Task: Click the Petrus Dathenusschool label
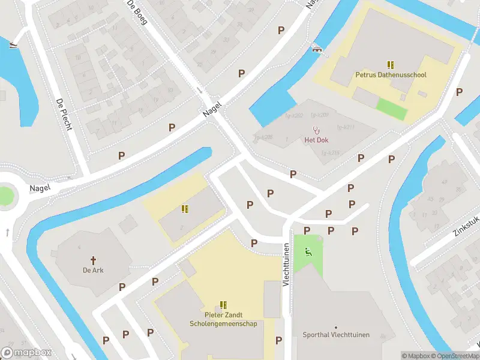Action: [391, 75]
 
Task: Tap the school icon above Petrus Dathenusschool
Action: [391, 65]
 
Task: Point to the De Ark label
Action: [94, 270]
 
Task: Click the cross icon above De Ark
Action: [94, 260]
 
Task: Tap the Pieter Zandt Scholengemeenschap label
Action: [223, 319]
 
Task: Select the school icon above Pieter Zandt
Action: [223, 305]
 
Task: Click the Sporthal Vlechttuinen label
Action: [336, 335]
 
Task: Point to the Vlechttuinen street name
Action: [287, 264]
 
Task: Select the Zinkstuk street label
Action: [467, 225]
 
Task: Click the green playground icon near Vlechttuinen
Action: [308, 252]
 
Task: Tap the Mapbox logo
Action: [26, 353]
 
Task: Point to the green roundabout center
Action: [5, 196]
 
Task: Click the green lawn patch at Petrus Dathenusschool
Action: [391, 108]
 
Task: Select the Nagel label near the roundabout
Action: [41, 188]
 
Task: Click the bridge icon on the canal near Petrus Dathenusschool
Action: [316, 49]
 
